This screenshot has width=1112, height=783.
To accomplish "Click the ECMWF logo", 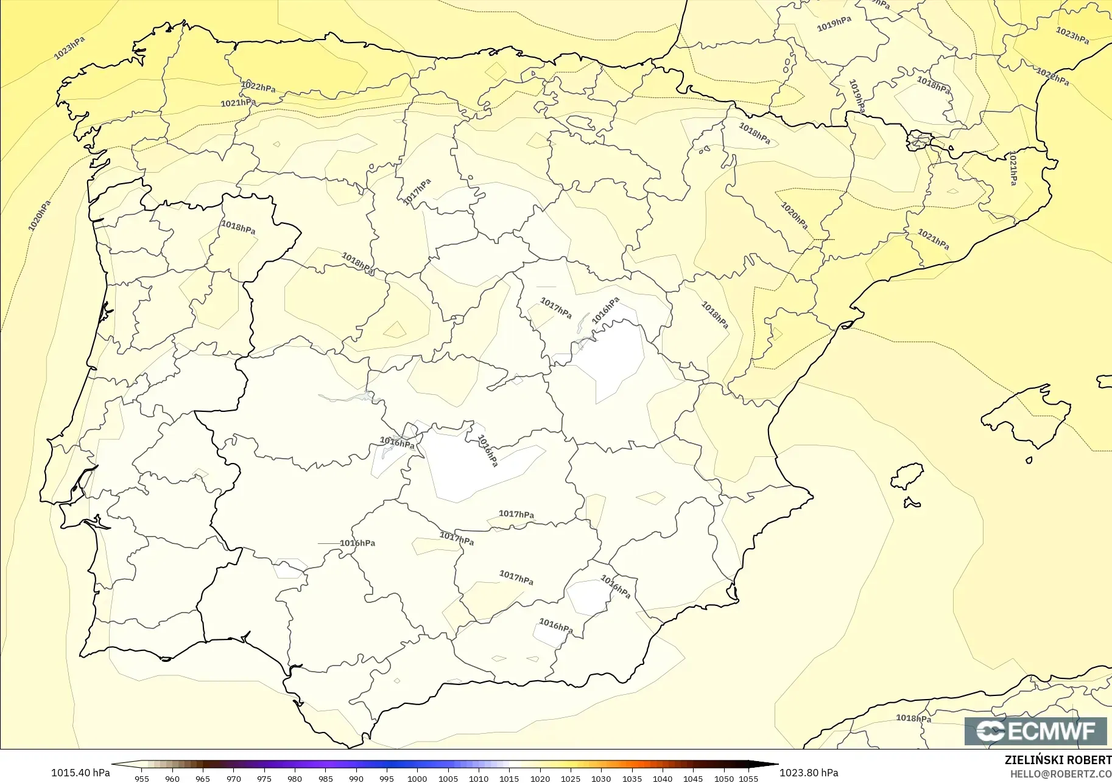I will [x=1035, y=731].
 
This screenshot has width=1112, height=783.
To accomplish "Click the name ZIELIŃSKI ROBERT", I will [x=1058, y=760].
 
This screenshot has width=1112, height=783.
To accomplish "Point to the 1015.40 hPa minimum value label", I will [x=80, y=773].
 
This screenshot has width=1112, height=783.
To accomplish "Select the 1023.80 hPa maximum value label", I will [x=809, y=773].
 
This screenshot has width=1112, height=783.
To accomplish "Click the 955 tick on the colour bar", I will [x=142, y=778].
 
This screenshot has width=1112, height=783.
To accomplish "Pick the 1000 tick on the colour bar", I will [x=417, y=778].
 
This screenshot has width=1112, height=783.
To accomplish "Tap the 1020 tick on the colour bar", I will [x=540, y=778].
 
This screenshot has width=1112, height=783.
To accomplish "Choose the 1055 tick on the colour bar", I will [x=748, y=778].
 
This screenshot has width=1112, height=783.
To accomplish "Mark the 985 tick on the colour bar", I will [x=326, y=778].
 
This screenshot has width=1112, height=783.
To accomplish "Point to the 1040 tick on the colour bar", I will [x=663, y=778].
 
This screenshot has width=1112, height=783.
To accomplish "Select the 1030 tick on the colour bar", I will [x=601, y=778].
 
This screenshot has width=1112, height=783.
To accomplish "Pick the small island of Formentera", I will [x=912, y=503].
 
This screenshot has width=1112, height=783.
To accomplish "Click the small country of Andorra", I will [x=919, y=141].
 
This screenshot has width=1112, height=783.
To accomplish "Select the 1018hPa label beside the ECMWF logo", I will [x=913, y=718].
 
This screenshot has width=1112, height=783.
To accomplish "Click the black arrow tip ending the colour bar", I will [x=772, y=764].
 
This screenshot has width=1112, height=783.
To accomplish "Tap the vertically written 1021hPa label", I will [x=1013, y=168].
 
